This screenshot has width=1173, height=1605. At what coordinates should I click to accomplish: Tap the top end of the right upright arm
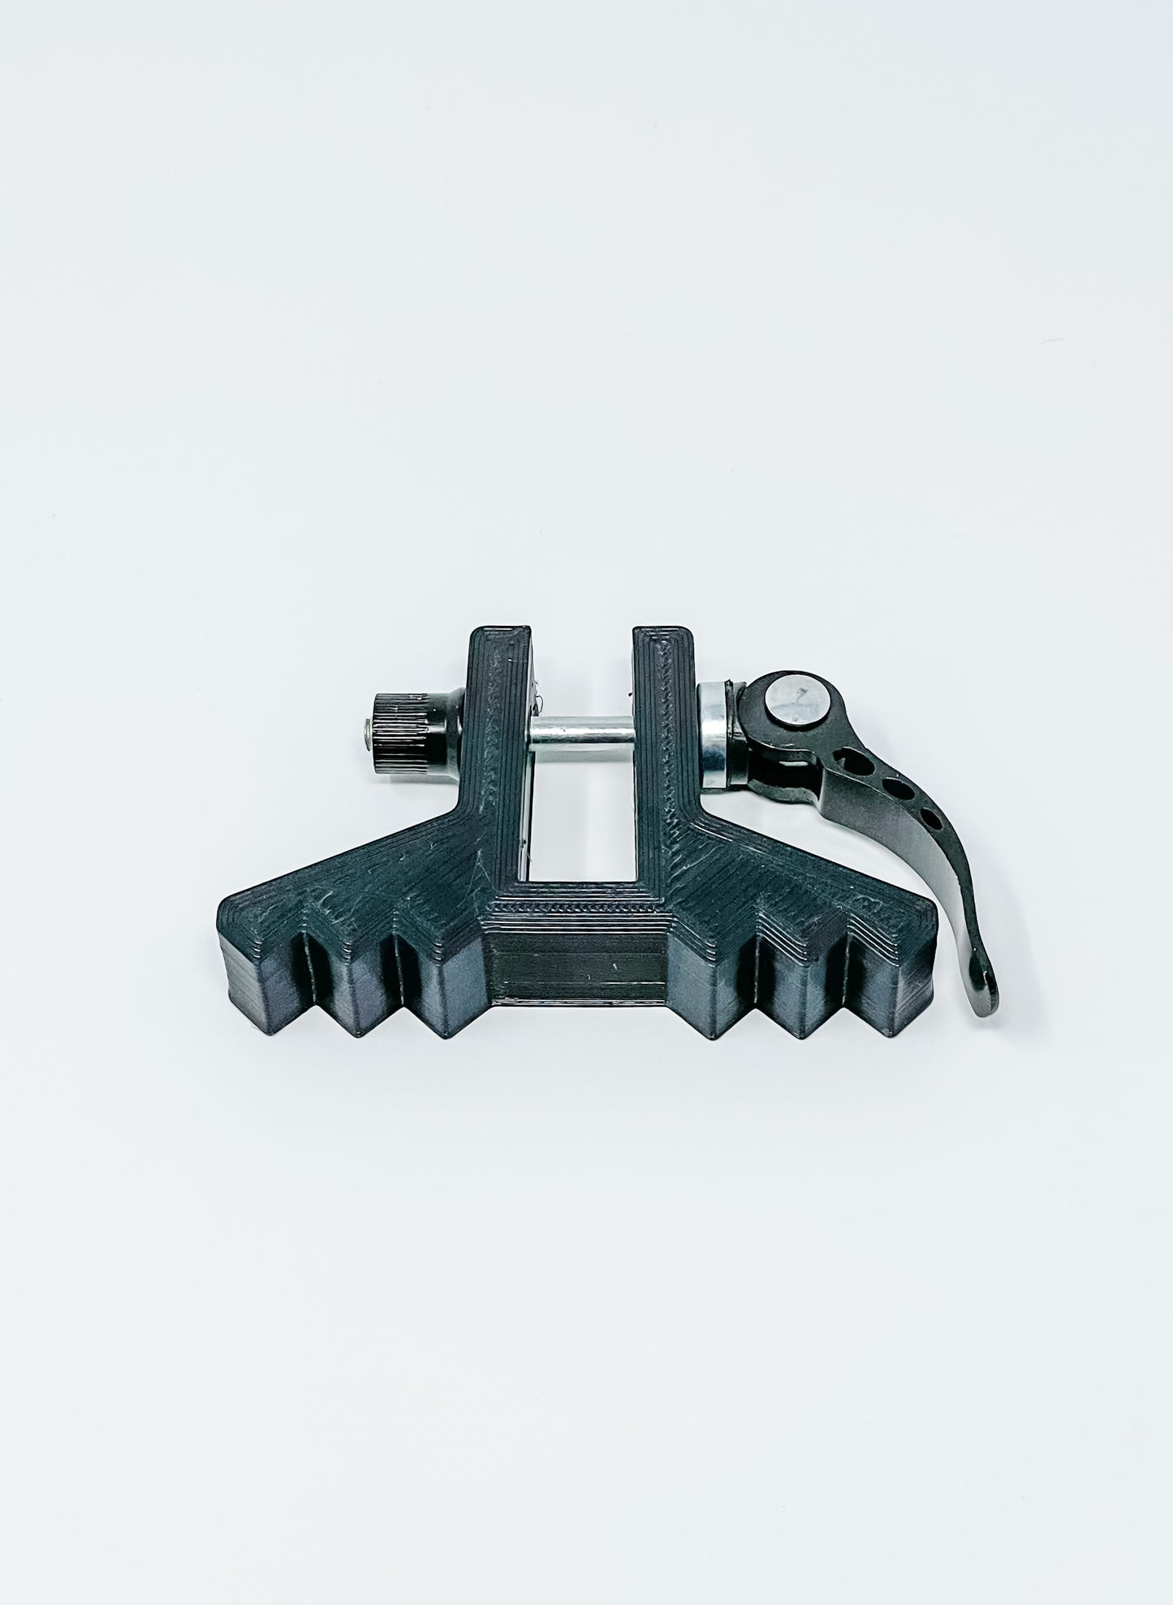pyautogui.click(x=661, y=638)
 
